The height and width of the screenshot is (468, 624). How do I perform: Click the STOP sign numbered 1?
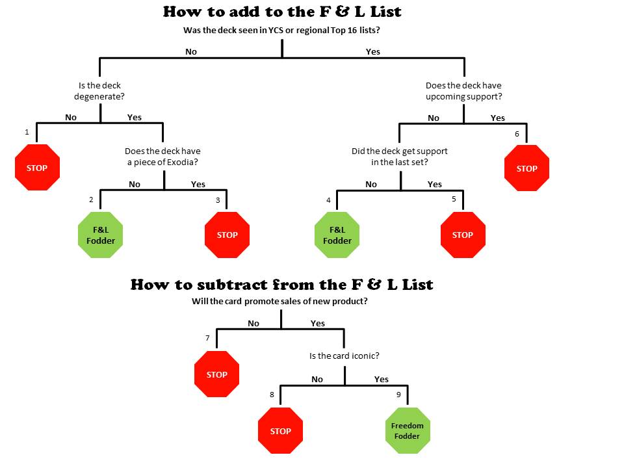click(x=37, y=168)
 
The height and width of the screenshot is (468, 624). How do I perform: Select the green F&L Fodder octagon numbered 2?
click(x=100, y=235)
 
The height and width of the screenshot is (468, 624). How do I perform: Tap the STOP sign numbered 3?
click(x=227, y=235)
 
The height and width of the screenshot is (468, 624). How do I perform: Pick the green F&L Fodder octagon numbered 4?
click(x=337, y=235)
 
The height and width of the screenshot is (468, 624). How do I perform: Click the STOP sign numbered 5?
click(x=463, y=235)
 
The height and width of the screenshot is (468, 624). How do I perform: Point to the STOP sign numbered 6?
click(x=526, y=168)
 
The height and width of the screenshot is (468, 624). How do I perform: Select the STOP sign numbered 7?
click(x=217, y=374)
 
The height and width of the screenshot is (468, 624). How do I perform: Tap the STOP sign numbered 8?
click(x=281, y=430)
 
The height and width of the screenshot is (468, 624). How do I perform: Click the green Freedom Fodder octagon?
click(x=408, y=430)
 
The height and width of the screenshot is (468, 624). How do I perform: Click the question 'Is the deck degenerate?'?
click(x=99, y=91)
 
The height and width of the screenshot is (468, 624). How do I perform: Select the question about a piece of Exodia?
click(x=162, y=157)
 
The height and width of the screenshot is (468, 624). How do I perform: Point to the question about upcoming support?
click(x=463, y=91)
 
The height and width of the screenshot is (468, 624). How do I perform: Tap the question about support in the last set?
click(x=400, y=157)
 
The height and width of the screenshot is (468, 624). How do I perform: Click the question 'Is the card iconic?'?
click(x=344, y=356)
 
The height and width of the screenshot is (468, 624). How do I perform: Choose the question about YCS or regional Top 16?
click(x=281, y=31)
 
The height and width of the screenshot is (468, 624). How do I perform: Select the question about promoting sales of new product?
click(x=279, y=301)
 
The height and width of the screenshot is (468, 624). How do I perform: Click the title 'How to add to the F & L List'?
click(x=282, y=12)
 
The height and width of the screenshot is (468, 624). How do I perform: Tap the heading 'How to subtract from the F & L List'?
click(x=281, y=285)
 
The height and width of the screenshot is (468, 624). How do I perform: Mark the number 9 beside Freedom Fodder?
click(x=398, y=395)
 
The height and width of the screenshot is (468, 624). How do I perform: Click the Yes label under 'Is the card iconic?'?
click(x=382, y=379)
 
